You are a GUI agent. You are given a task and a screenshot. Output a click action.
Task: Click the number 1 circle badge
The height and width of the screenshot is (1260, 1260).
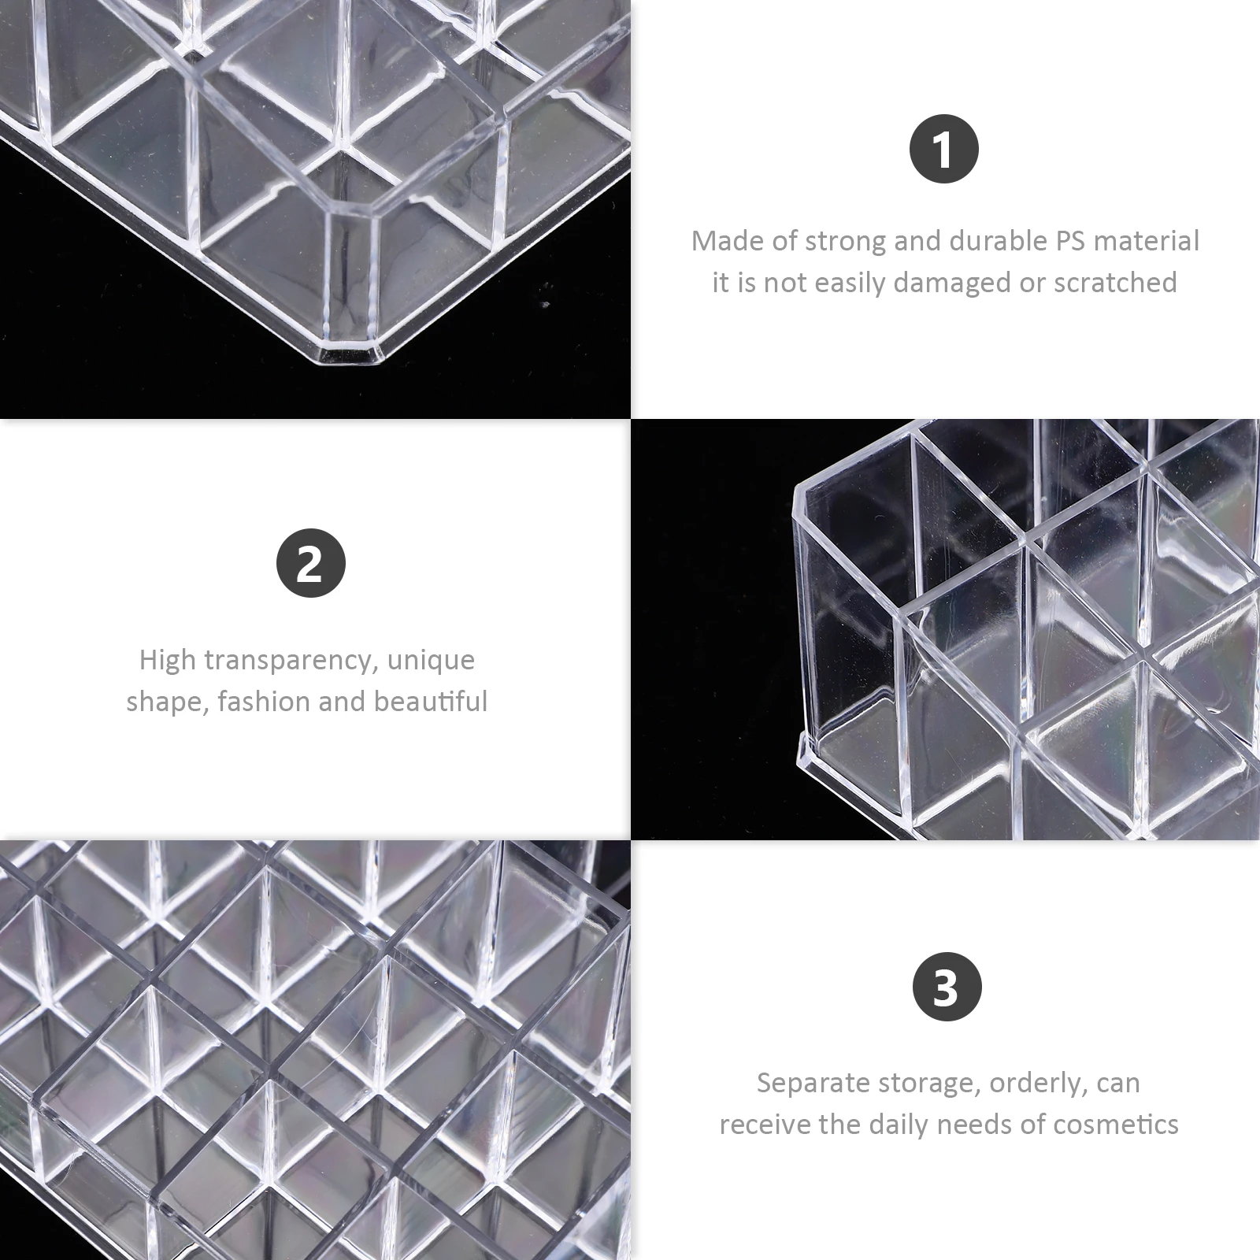pyautogui.click(x=944, y=149)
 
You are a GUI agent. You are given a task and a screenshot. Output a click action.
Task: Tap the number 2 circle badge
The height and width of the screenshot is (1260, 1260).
pyautogui.click(x=311, y=563)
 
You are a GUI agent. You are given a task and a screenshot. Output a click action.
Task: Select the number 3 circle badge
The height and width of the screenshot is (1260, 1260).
pyautogui.click(x=947, y=986)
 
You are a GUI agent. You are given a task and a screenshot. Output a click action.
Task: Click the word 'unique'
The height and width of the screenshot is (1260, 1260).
pyautogui.click(x=432, y=661)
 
